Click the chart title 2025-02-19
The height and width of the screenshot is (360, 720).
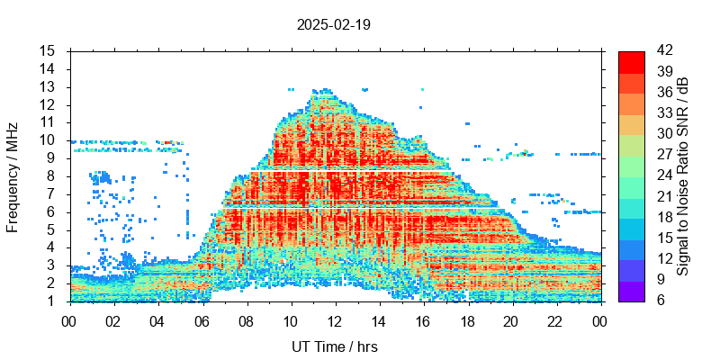[333, 24]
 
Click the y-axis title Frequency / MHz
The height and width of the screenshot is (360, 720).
[13, 176]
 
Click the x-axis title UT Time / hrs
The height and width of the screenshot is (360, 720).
[335, 346]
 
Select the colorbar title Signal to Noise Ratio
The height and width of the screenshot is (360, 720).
[683, 176]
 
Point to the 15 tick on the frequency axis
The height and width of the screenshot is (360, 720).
[49, 50]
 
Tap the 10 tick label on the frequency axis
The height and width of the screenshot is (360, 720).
[49, 139]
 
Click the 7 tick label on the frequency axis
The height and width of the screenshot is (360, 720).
[52, 193]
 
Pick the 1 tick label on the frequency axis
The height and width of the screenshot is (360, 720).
[52, 301]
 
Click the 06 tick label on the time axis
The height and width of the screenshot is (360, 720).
[202, 319]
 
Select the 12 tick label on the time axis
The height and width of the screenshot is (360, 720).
[335, 319]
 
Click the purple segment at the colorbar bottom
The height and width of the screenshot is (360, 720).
[632, 291]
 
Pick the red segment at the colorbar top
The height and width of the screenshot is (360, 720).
[632, 61]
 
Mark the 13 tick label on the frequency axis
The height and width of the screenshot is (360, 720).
[49, 86]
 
